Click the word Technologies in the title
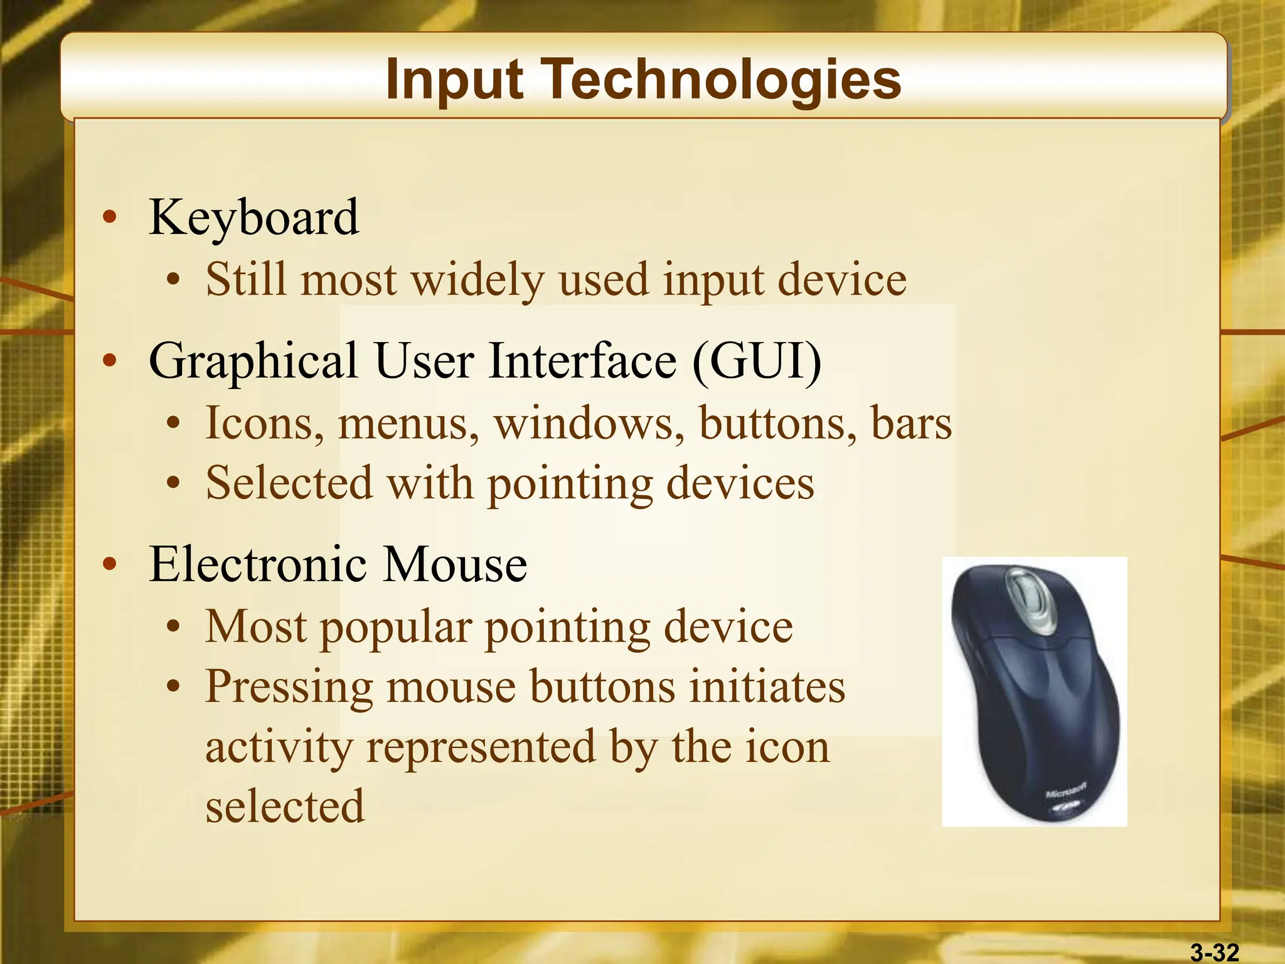pyautogui.click(x=722, y=80)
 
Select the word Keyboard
pyautogui.click(x=253, y=217)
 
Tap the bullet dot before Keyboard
pyautogui.click(x=110, y=217)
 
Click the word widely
pyautogui.click(x=477, y=280)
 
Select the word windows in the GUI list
pyautogui.click(x=589, y=423)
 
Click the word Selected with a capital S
pyautogui.click(x=289, y=483)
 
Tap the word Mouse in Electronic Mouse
pyautogui.click(x=455, y=564)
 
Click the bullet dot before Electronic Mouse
pyautogui.click(x=110, y=564)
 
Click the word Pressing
pyautogui.click(x=289, y=687)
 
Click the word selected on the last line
pyautogui.click(x=285, y=806)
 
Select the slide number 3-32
pyautogui.click(x=1215, y=953)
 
